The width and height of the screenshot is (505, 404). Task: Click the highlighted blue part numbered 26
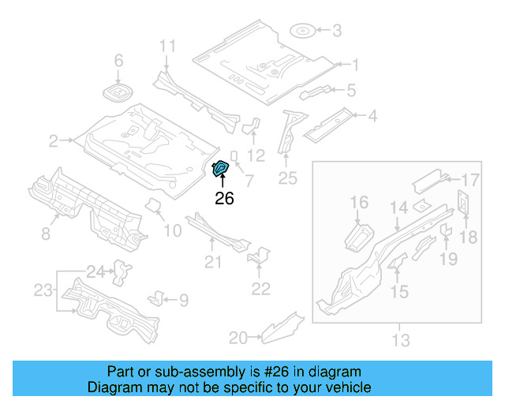pos(222,167)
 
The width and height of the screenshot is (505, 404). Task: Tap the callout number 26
pos(224,199)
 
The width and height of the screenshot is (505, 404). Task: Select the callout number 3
pos(337,31)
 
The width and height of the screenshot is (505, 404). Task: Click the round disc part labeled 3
pos(303,32)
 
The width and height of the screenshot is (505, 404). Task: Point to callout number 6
pos(119,61)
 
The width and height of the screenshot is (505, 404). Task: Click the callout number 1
pos(355,65)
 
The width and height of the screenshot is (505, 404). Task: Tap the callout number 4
pos(372,117)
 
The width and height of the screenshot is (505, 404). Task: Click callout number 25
pos(288,178)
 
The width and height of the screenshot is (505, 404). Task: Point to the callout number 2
pos(54,141)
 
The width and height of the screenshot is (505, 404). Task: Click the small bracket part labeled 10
pos(154,208)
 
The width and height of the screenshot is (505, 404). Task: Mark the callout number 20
pos(238,339)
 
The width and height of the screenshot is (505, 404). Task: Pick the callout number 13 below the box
pos(401,341)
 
